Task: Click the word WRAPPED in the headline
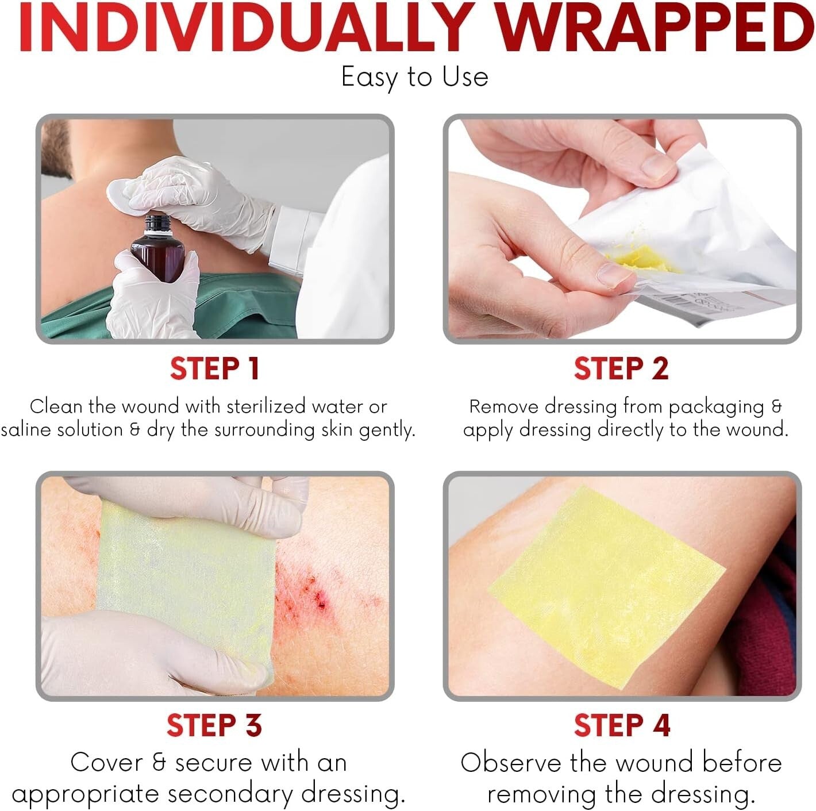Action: tap(655, 28)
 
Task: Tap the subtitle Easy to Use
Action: tap(415, 78)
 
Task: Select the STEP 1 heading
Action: tap(214, 368)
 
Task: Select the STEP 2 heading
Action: tap(621, 368)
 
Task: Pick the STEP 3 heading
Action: tap(214, 725)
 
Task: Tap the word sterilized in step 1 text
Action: tap(267, 407)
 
